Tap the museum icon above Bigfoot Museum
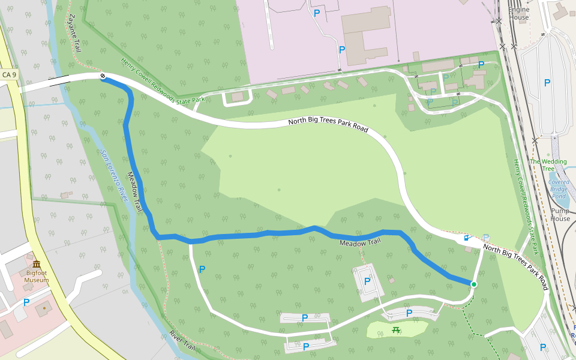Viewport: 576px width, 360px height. (x=37, y=265)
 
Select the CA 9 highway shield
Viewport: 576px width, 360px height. (x=9, y=75)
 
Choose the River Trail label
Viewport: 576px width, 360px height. (x=182, y=340)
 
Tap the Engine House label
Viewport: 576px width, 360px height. (x=518, y=13)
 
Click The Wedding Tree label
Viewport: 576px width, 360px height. (x=547, y=165)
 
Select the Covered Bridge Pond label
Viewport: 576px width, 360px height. (x=559, y=189)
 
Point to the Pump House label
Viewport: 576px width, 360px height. (x=560, y=214)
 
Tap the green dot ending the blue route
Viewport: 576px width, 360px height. (x=473, y=284)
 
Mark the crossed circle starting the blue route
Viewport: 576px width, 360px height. (x=103, y=76)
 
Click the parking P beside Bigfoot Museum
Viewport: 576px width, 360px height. (x=26, y=302)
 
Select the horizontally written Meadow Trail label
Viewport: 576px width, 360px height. (x=360, y=242)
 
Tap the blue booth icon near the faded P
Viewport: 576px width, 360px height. (x=466, y=238)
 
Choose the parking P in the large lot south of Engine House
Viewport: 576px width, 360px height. (x=547, y=83)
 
